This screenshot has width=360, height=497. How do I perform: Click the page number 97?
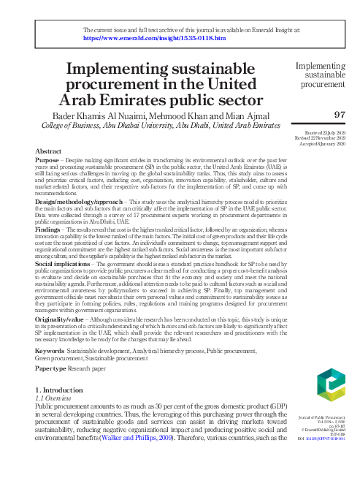point(339,114)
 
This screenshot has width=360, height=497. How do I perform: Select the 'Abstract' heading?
point(48,150)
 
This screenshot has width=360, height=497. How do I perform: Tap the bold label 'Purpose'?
point(48,159)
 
